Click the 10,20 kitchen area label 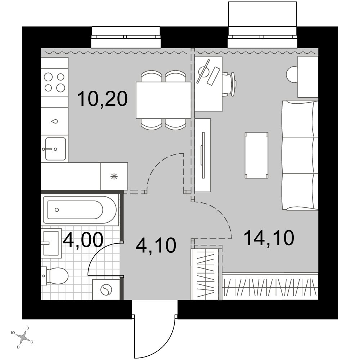tap(102, 99)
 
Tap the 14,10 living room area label tap(269, 238)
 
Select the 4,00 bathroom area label tap(83, 240)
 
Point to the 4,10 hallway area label tap(156, 245)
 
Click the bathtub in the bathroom tap(81, 210)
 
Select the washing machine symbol tap(106, 289)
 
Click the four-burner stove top tap(55, 82)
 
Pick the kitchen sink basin tap(55, 149)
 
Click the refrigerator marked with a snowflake tap(114, 176)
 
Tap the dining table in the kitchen tap(163, 100)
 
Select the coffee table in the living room tap(256, 155)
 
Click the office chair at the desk tap(229, 84)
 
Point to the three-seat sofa tap(300, 155)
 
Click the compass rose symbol tap(23, 337)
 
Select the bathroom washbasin tap(51, 243)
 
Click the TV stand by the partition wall tap(203, 155)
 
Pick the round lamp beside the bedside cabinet tap(292, 74)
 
